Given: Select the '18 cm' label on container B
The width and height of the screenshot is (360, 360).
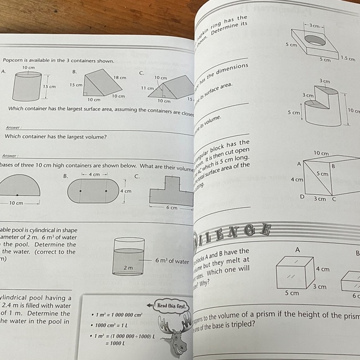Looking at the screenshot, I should [x=119, y=77].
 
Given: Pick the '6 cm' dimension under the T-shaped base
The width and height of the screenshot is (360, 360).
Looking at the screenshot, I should [x=171, y=207].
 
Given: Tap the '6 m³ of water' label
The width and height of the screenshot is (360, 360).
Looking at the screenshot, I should [x=173, y=261].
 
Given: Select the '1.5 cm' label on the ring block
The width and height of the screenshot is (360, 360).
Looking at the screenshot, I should [x=348, y=58].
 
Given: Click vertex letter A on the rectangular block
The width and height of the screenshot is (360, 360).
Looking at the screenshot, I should [x=299, y=164].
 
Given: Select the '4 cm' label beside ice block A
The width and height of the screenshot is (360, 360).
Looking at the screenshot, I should [x=322, y=270].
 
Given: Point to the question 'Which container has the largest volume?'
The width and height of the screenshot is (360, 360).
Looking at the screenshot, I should [x=55, y=137].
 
